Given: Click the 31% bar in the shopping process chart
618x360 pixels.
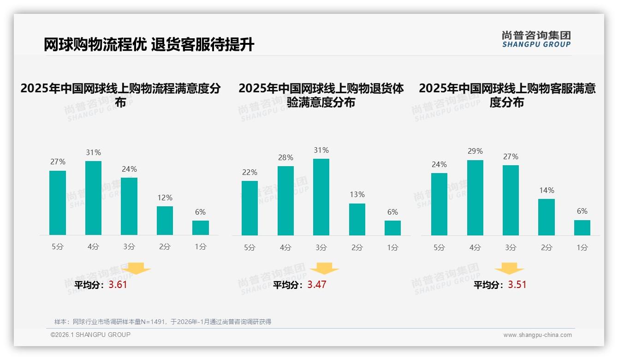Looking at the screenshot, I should (x=93, y=198).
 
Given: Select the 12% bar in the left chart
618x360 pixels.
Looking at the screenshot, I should (x=165, y=221).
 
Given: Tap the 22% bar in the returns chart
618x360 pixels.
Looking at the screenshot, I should (x=250, y=208).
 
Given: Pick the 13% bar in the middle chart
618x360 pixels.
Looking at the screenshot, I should (x=357, y=220).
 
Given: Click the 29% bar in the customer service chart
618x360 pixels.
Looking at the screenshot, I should (x=475, y=198).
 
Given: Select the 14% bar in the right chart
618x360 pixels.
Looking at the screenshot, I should (x=547, y=217).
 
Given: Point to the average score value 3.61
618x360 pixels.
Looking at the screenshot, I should (x=118, y=285).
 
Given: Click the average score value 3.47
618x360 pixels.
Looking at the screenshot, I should (x=317, y=285).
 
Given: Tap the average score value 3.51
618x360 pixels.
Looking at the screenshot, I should (x=517, y=285).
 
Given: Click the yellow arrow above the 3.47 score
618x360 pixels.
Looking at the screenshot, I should (x=324, y=269).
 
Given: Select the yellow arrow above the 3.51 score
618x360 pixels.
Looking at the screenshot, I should (x=509, y=269).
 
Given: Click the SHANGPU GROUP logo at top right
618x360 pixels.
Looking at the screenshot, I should (x=536, y=39).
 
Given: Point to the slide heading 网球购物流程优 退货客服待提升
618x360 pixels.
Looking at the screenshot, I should (x=149, y=45).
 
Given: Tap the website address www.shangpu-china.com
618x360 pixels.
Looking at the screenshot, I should (x=537, y=335).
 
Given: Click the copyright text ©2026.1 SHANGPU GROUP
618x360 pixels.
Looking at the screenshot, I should (x=90, y=335).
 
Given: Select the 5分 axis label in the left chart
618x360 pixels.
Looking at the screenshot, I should (x=58, y=247).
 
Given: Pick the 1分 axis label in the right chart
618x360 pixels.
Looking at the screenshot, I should (x=582, y=248).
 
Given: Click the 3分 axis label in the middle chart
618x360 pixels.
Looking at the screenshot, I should (x=321, y=248).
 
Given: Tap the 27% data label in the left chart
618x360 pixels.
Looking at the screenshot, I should (x=58, y=162).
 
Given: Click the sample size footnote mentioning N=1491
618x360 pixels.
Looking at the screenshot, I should (x=163, y=322).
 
